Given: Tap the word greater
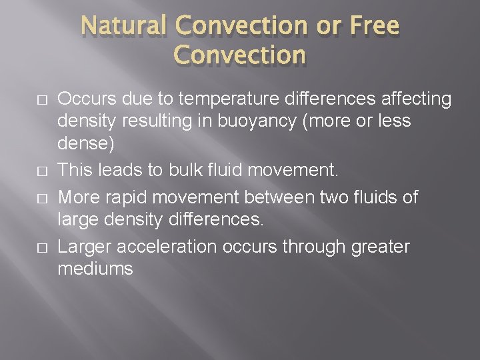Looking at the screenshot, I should [379, 247].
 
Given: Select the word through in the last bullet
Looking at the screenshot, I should [315, 247].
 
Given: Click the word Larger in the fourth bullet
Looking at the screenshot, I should [85, 247].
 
